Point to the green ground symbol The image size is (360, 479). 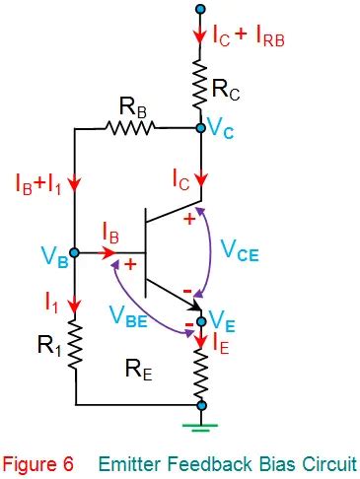click(x=201, y=426)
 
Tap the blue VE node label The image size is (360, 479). click(x=223, y=321)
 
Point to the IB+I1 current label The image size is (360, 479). click(x=38, y=184)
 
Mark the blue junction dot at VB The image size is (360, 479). click(x=75, y=253)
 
